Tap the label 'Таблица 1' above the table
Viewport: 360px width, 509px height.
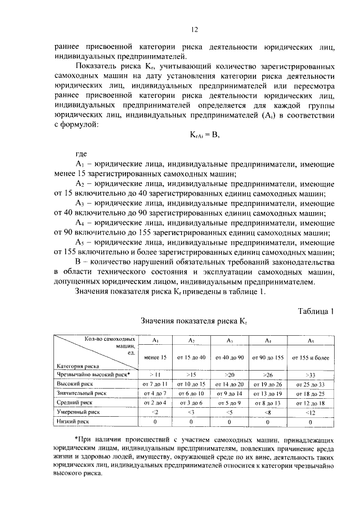314,310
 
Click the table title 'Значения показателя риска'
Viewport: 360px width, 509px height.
193,322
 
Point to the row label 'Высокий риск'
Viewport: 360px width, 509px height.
73,383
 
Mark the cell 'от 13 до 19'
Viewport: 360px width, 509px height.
268,393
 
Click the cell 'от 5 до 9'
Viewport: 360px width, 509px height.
229,402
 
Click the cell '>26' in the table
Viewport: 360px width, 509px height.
268,373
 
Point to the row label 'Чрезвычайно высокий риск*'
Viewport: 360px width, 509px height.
93,373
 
